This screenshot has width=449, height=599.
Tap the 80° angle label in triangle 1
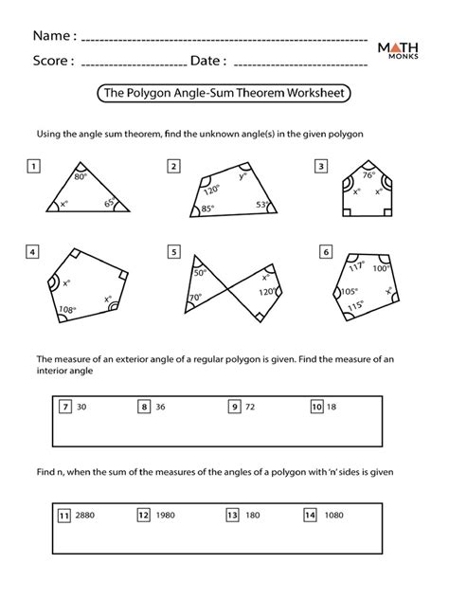(x=81, y=176)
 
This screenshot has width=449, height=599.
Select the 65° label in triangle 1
(x=110, y=202)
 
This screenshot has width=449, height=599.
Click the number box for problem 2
(x=173, y=167)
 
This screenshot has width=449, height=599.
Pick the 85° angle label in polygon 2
(x=207, y=209)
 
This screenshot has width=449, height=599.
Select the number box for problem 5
(x=173, y=252)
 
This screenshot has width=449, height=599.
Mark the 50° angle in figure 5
(x=200, y=273)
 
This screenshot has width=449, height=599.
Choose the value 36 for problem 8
(x=162, y=407)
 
